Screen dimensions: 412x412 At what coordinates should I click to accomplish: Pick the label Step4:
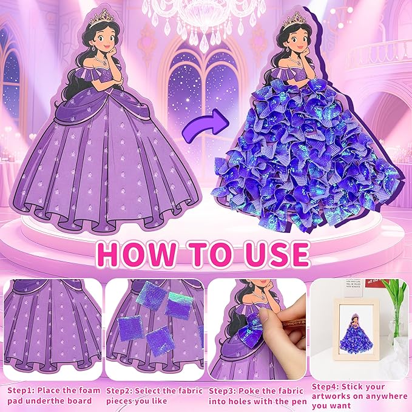325,387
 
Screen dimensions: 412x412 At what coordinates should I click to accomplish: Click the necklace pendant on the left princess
104,63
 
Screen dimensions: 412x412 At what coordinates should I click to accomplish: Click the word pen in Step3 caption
299,402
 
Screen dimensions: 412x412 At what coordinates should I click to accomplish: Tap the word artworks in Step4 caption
332,396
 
